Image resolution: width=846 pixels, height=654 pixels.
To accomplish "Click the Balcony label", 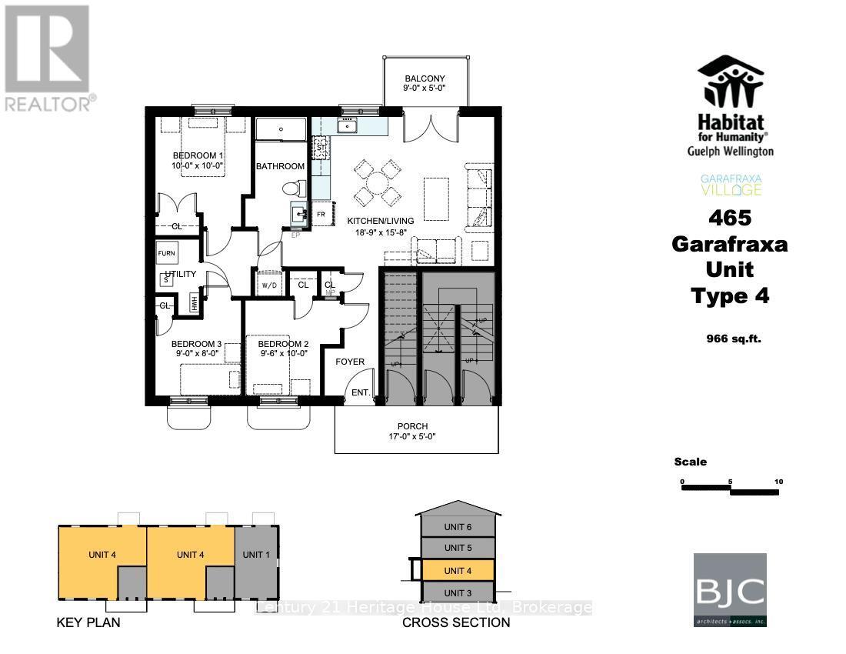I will pyautogui.click(x=425, y=79).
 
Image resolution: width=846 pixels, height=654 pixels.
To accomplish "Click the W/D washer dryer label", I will pyautogui.click(x=269, y=285).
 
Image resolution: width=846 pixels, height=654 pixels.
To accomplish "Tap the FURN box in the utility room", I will pyautogui.click(x=167, y=253).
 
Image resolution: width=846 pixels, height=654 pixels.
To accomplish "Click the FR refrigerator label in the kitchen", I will pyautogui.click(x=321, y=214).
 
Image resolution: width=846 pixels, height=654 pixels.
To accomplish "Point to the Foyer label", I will pyautogui.click(x=350, y=362).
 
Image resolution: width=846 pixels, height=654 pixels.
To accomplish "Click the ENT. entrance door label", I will pyautogui.click(x=361, y=393).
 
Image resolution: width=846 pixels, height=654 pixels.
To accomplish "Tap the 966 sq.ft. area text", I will pyautogui.click(x=734, y=338).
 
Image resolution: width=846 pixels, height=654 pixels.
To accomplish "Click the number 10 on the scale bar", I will pyautogui.click(x=778, y=482).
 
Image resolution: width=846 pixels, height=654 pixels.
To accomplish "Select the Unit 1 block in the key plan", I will pyautogui.click(x=256, y=554).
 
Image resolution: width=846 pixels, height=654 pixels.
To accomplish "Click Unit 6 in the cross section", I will pyautogui.click(x=457, y=527).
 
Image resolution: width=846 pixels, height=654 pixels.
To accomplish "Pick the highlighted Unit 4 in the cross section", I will pyautogui.click(x=457, y=570).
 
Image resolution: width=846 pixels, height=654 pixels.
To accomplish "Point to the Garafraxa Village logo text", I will pyautogui.click(x=731, y=185).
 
